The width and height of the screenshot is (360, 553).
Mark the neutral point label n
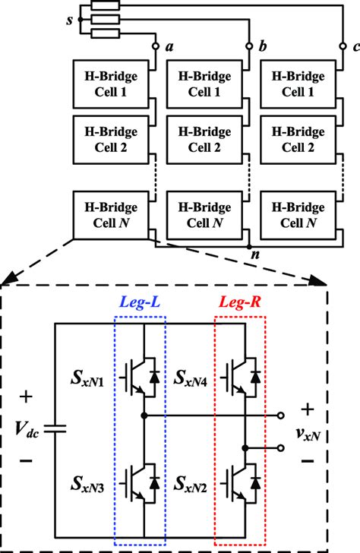pos(256,258)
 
